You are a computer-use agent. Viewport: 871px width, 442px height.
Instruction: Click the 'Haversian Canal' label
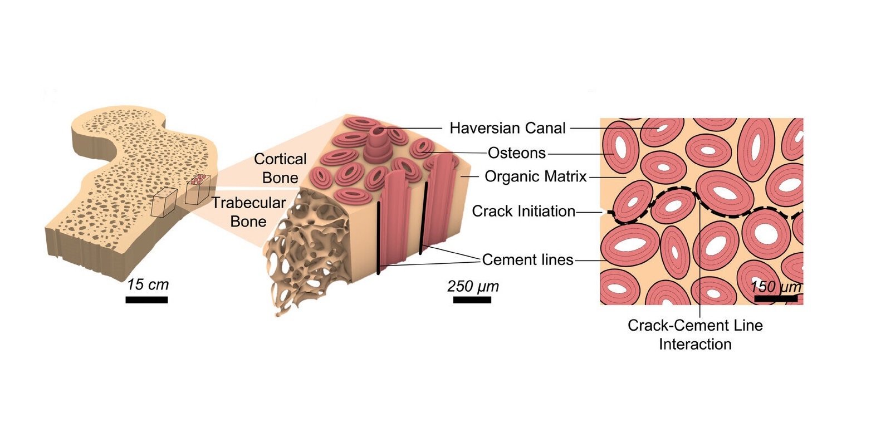tap(507, 128)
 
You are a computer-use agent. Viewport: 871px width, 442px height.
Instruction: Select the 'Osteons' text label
tap(517, 153)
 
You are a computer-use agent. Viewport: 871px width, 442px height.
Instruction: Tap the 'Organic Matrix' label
tap(536, 177)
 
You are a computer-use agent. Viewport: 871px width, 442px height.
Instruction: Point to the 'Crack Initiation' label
tap(523, 212)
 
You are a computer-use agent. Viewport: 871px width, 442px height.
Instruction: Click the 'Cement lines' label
tap(527, 260)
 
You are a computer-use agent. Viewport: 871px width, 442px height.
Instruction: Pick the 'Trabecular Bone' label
tap(248, 212)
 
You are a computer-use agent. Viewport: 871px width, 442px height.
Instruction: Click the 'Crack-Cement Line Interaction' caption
tap(695, 335)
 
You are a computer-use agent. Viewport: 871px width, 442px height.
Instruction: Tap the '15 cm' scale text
tap(148, 285)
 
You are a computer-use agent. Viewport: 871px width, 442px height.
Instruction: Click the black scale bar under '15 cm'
tap(146, 300)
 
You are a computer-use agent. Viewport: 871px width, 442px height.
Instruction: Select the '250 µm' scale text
tap(473, 287)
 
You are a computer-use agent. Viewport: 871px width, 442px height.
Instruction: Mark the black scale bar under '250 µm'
tap(472, 300)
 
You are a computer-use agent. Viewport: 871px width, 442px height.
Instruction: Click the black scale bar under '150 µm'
tap(776, 299)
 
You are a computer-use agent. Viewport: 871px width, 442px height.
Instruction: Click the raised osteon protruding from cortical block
tap(377, 140)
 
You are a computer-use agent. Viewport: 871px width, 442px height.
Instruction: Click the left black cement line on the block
tap(379, 238)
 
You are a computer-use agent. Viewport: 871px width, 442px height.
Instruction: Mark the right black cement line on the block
tap(423, 217)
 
